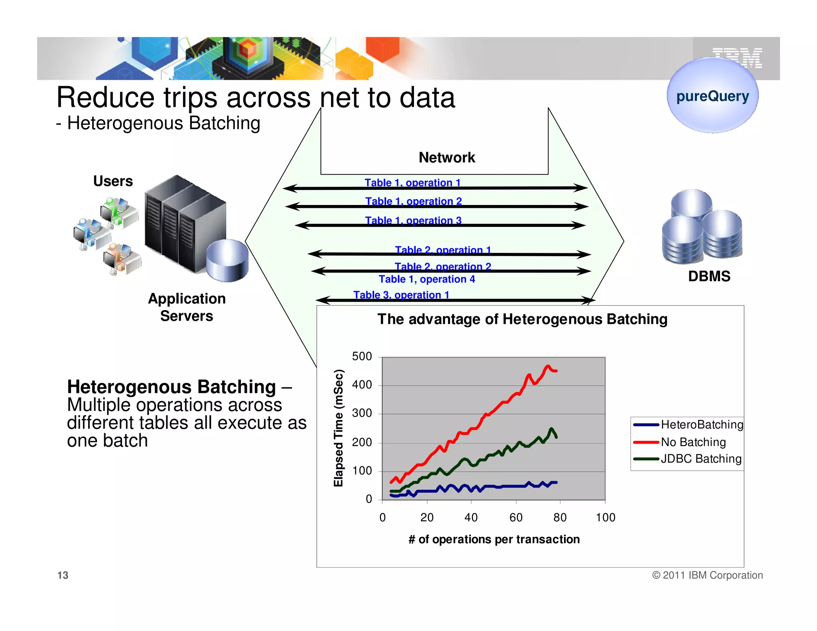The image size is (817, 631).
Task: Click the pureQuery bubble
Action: coord(712,96)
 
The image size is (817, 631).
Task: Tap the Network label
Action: coord(447,158)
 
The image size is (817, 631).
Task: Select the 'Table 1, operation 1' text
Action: coord(412,183)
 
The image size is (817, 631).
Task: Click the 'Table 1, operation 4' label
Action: coord(427,279)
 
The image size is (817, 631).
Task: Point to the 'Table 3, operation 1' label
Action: coord(401,295)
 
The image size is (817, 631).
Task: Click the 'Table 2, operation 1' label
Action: coord(443,250)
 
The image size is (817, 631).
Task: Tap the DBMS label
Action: coord(709,276)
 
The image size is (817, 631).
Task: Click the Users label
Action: coord(113,181)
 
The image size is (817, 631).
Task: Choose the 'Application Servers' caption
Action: coord(187,307)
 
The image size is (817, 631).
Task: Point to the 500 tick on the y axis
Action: coord(362,356)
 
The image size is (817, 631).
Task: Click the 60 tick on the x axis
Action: coord(516,517)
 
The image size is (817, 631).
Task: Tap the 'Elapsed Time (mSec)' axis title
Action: coord(338,428)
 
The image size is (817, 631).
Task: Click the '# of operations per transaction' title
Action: coord(494,539)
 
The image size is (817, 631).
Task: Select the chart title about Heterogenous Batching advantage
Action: coord(522,319)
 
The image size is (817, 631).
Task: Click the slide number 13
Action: coord(63,575)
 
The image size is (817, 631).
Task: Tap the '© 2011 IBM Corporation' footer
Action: coord(707,575)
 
